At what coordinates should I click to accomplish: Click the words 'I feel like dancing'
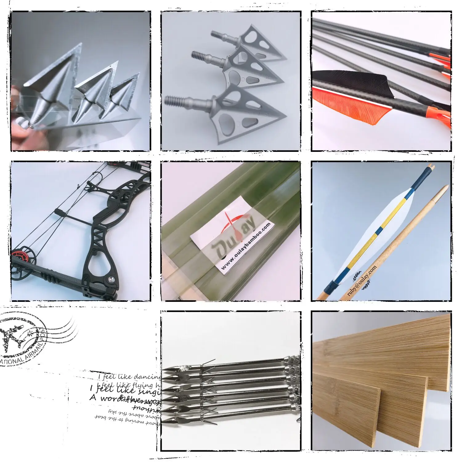pyautogui.click(x=129, y=377)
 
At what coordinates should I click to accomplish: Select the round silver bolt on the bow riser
pyautogui.click(x=111, y=279)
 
